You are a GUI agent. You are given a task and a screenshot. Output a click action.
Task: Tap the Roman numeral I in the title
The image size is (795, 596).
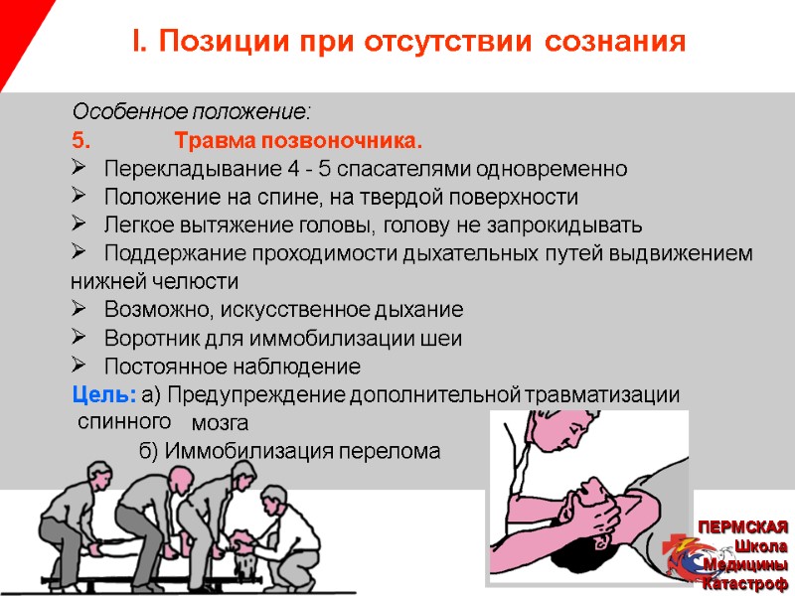pos(137,43)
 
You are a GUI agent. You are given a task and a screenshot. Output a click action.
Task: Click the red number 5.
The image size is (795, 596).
pos(80,138)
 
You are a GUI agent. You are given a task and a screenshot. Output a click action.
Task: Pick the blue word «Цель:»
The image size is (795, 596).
pos(104,394)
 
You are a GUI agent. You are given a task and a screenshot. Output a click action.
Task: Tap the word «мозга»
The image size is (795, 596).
pos(220,425)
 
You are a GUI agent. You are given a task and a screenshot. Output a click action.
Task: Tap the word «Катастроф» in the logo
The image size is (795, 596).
pos(746,583)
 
